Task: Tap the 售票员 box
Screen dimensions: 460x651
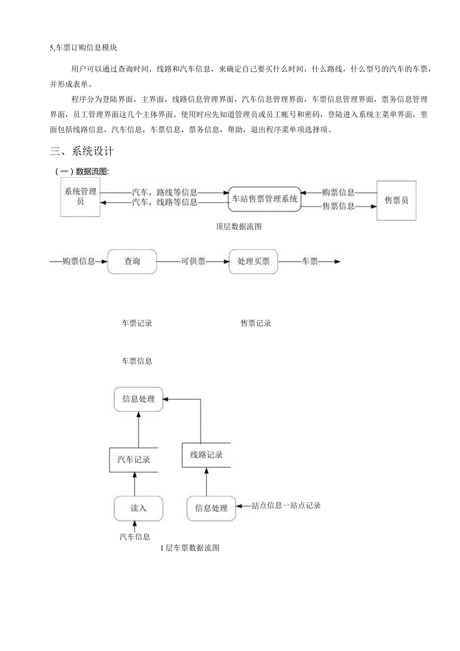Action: (396, 200)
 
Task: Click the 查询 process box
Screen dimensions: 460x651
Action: (132, 261)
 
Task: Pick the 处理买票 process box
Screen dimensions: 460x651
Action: (253, 261)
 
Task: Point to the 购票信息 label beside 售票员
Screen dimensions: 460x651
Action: (338, 192)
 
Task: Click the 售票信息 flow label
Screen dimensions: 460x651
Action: (338, 206)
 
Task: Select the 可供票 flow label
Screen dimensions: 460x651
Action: (193, 261)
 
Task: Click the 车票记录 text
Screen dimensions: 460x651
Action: (137, 323)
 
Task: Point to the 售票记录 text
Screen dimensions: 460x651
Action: (256, 323)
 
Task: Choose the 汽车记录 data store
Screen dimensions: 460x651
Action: (134, 460)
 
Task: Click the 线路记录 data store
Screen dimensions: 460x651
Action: (206, 455)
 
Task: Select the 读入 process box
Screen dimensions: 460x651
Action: (138, 508)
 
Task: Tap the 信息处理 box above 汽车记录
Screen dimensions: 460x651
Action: (138, 399)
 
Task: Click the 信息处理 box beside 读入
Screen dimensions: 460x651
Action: (211, 508)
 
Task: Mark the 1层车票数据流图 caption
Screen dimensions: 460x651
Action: (190, 548)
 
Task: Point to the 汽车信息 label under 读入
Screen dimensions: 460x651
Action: (134, 537)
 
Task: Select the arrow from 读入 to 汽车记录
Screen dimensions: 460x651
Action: (134, 484)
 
